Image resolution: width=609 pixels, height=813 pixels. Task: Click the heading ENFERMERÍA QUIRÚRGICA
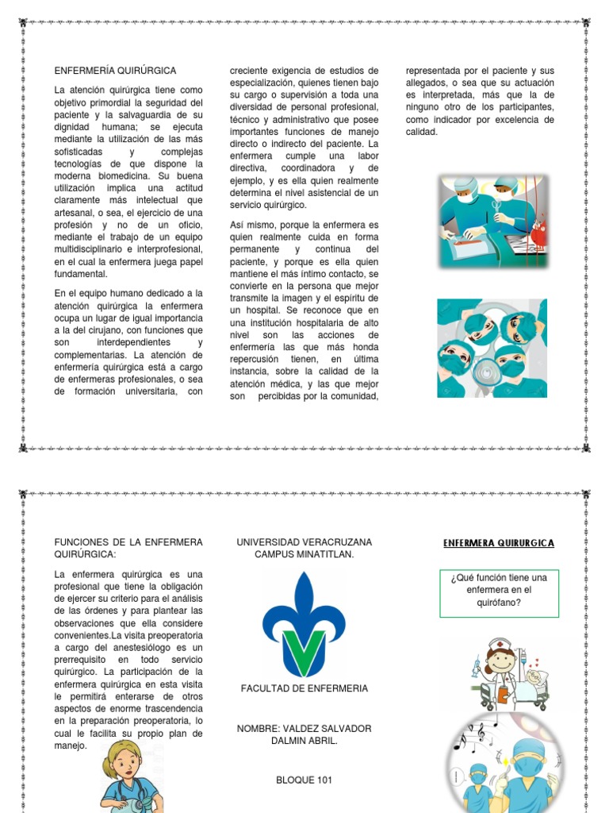pos(115,71)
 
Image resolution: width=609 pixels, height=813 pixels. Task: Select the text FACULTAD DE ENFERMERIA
pos(304,688)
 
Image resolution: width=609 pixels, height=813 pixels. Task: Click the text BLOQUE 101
pos(304,780)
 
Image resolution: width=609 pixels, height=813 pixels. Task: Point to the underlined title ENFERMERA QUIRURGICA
pos(499,543)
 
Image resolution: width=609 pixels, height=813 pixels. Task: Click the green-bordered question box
pos(499,593)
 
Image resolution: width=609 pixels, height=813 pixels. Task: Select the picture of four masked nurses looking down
pos(492,348)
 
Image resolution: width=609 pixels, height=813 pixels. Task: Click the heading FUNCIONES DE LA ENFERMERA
pos(128,541)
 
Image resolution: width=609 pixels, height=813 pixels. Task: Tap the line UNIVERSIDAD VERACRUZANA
pos(304,541)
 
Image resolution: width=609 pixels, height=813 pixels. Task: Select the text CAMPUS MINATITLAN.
pos(304,553)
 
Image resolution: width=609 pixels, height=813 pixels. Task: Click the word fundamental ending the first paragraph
pos(80,274)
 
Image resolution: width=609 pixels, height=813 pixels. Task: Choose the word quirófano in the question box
pos(499,602)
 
